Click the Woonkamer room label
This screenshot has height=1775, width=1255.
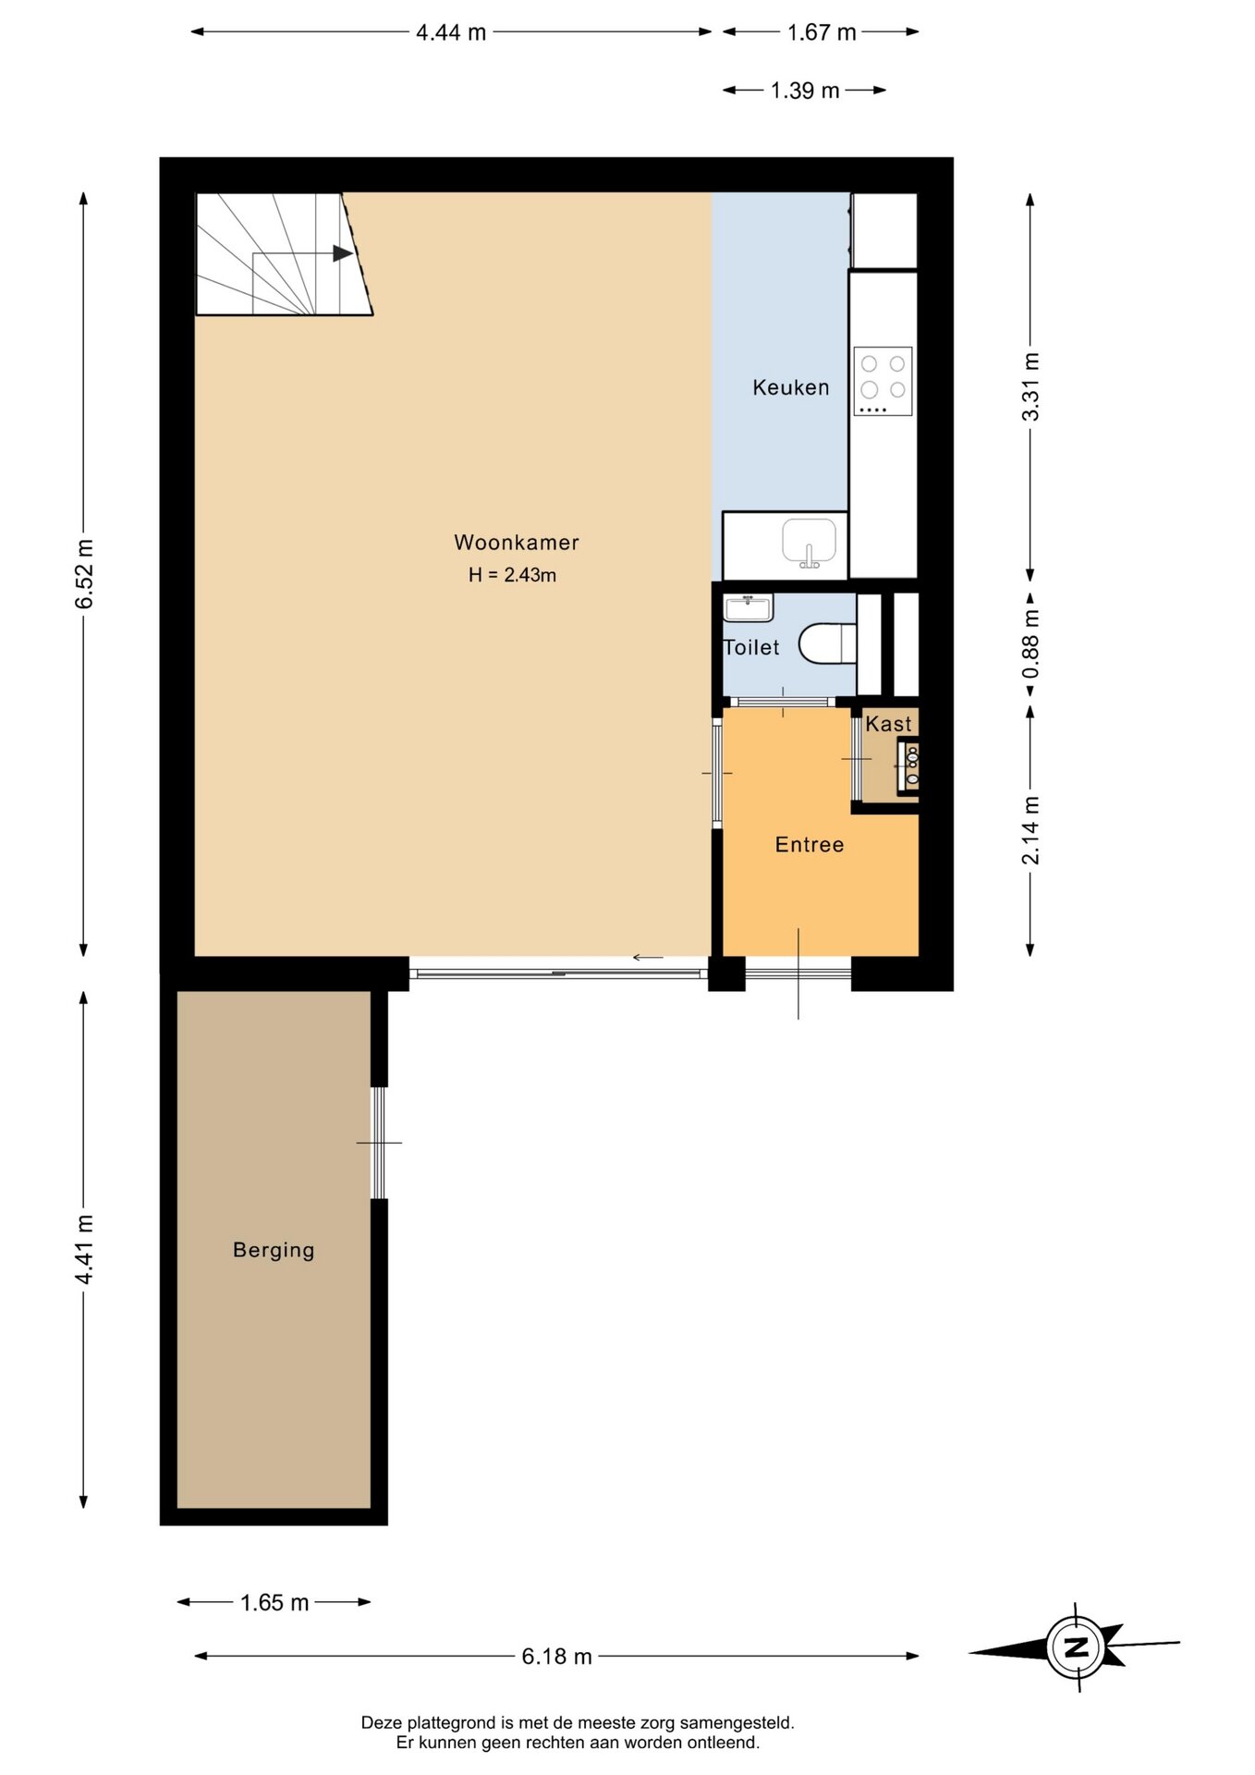point(517,543)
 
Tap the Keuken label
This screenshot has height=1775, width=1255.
point(791,387)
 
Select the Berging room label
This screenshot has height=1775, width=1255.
point(274,1250)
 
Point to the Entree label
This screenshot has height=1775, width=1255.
point(810,845)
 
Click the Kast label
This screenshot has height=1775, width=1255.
point(888,724)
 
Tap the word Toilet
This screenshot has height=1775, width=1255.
point(751,647)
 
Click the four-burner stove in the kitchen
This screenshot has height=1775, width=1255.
point(883,381)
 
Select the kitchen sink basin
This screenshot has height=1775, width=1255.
point(810,542)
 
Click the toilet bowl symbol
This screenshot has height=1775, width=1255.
point(827,643)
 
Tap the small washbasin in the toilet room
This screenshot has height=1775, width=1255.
point(749,608)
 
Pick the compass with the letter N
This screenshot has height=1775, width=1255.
point(1077,1646)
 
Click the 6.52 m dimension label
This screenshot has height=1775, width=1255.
point(85,574)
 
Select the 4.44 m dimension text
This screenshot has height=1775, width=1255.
point(451,32)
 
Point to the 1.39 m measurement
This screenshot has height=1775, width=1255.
point(805,91)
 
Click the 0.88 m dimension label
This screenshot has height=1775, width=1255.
point(1031,643)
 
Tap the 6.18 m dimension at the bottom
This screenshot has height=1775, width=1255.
point(556,1656)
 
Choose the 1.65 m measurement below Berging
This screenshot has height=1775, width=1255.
point(274,1602)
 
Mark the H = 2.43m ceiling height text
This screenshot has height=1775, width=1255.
point(512,575)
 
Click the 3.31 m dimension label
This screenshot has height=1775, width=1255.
point(1031,387)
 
